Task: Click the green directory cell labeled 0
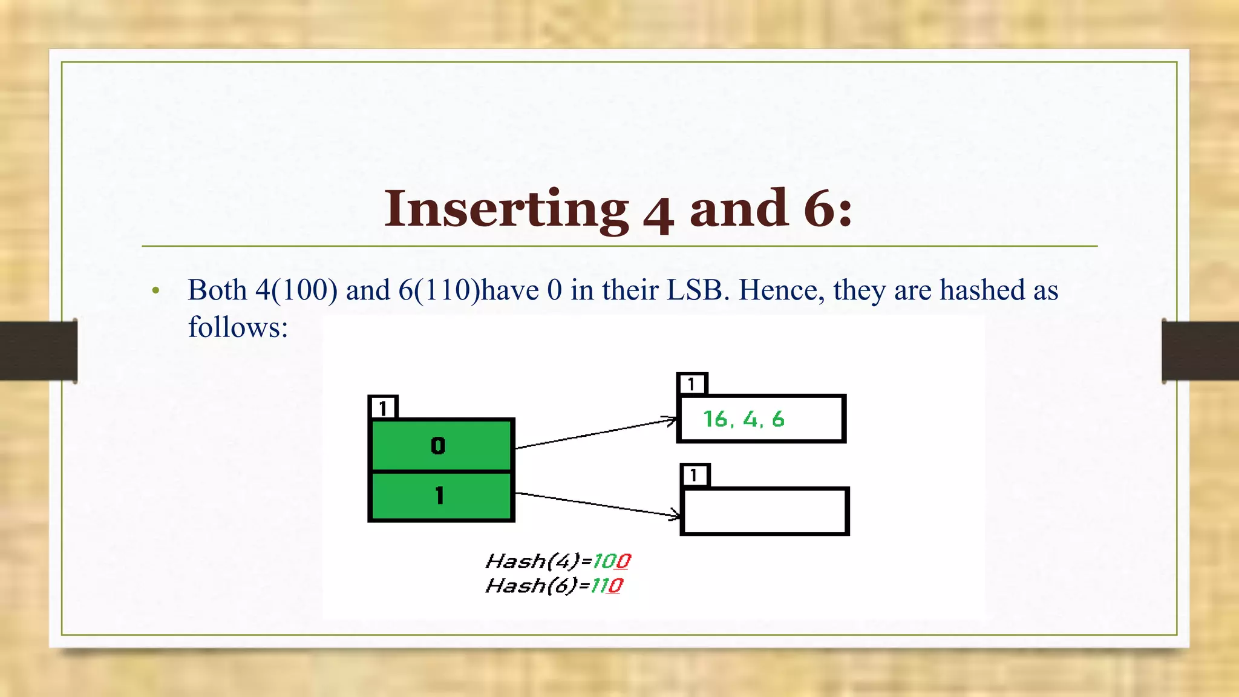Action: [x=441, y=446]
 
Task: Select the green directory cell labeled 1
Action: [x=441, y=496]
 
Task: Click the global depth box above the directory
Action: [x=383, y=408]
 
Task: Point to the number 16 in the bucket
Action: [x=715, y=419]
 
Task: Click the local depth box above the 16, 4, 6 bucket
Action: [x=692, y=384]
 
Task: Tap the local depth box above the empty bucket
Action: [x=695, y=476]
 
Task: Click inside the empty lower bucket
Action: [x=765, y=511]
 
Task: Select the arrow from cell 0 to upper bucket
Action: [x=596, y=433]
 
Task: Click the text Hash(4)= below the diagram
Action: [x=537, y=561]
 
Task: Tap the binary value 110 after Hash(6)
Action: [x=606, y=586]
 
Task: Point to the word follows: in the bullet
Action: [x=238, y=328]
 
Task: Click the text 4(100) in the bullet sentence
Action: [x=296, y=290]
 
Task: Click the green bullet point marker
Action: [x=156, y=292]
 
